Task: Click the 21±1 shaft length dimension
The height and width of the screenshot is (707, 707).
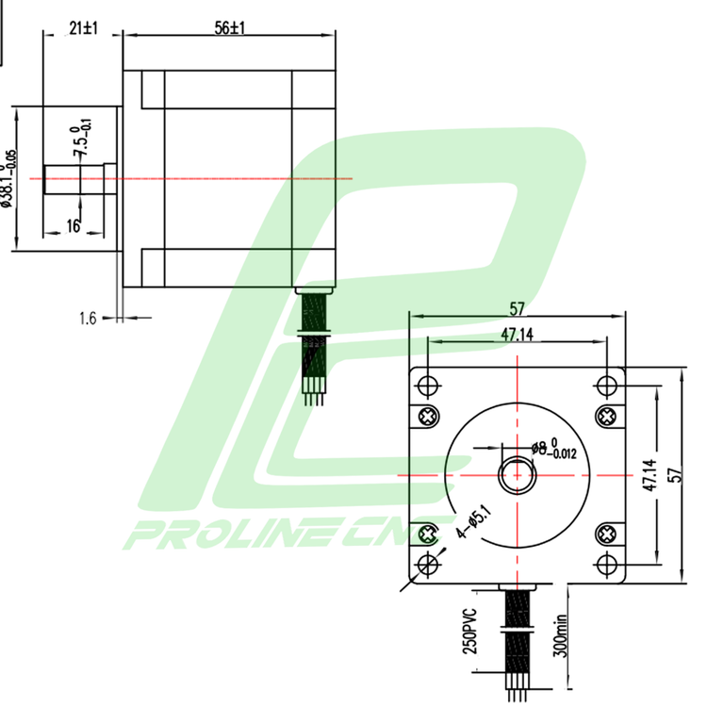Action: click(x=84, y=28)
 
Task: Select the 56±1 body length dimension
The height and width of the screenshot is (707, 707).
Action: click(x=229, y=28)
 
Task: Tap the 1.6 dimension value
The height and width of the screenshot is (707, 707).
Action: click(x=87, y=319)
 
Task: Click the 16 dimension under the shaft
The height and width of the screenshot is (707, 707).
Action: click(x=73, y=225)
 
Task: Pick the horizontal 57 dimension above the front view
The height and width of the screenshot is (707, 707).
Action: click(x=516, y=308)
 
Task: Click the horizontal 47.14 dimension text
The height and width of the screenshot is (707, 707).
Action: click(x=516, y=334)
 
